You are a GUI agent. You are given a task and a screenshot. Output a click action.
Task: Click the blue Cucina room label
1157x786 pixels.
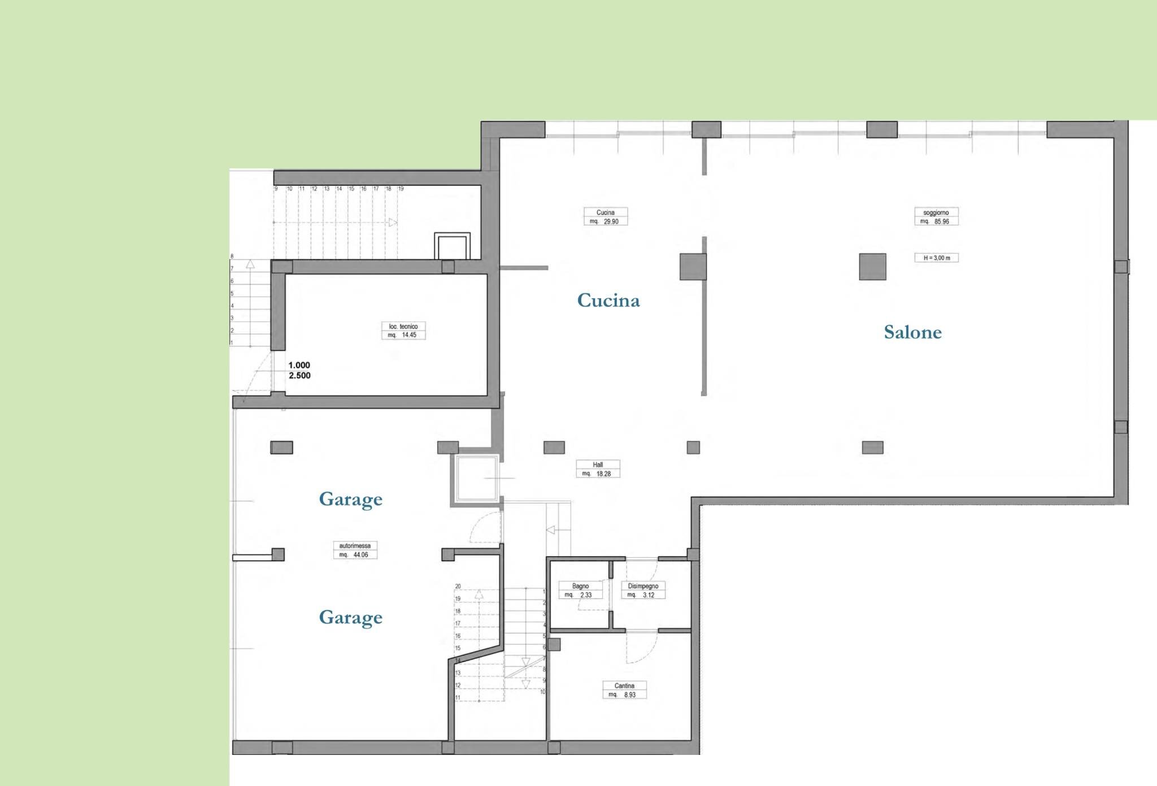tap(608, 300)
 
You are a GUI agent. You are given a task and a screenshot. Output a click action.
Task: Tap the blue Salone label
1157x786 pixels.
tap(912, 332)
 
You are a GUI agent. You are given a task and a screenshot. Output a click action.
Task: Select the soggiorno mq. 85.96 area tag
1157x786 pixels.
tap(936, 217)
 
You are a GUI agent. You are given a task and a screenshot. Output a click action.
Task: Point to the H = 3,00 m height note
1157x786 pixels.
tap(936, 258)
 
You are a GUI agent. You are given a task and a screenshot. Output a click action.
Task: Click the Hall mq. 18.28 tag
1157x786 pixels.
tap(598, 469)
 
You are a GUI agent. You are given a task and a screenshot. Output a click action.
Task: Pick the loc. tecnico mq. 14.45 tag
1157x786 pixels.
tap(403, 331)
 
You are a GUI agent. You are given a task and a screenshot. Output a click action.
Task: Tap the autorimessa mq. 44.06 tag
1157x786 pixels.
tap(355, 550)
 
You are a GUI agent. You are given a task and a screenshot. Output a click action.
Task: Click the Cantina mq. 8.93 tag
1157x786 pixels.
tap(624, 690)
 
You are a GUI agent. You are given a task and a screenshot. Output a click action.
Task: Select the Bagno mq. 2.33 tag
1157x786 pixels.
tap(580, 590)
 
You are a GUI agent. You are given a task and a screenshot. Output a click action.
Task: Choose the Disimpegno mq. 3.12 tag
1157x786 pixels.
tap(643, 590)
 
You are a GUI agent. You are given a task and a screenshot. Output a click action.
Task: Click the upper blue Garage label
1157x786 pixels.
tap(350, 499)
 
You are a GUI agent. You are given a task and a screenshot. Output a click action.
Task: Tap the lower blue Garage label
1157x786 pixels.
tap(350, 617)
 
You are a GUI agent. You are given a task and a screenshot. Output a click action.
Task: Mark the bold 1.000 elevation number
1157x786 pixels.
tap(299, 365)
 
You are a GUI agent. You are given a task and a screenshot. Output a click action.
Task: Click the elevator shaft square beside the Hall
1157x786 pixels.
tap(475, 479)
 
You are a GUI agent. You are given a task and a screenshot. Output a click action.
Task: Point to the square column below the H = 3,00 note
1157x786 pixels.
tap(872, 267)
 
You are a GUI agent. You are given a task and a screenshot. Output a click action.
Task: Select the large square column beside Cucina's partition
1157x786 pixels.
tap(693, 267)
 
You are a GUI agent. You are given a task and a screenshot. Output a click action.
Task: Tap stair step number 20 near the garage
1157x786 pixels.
tap(458, 587)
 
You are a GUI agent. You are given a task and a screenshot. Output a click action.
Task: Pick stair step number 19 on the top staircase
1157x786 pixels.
tap(401, 189)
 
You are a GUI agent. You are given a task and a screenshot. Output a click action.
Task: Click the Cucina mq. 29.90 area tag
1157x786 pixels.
tap(606, 217)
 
